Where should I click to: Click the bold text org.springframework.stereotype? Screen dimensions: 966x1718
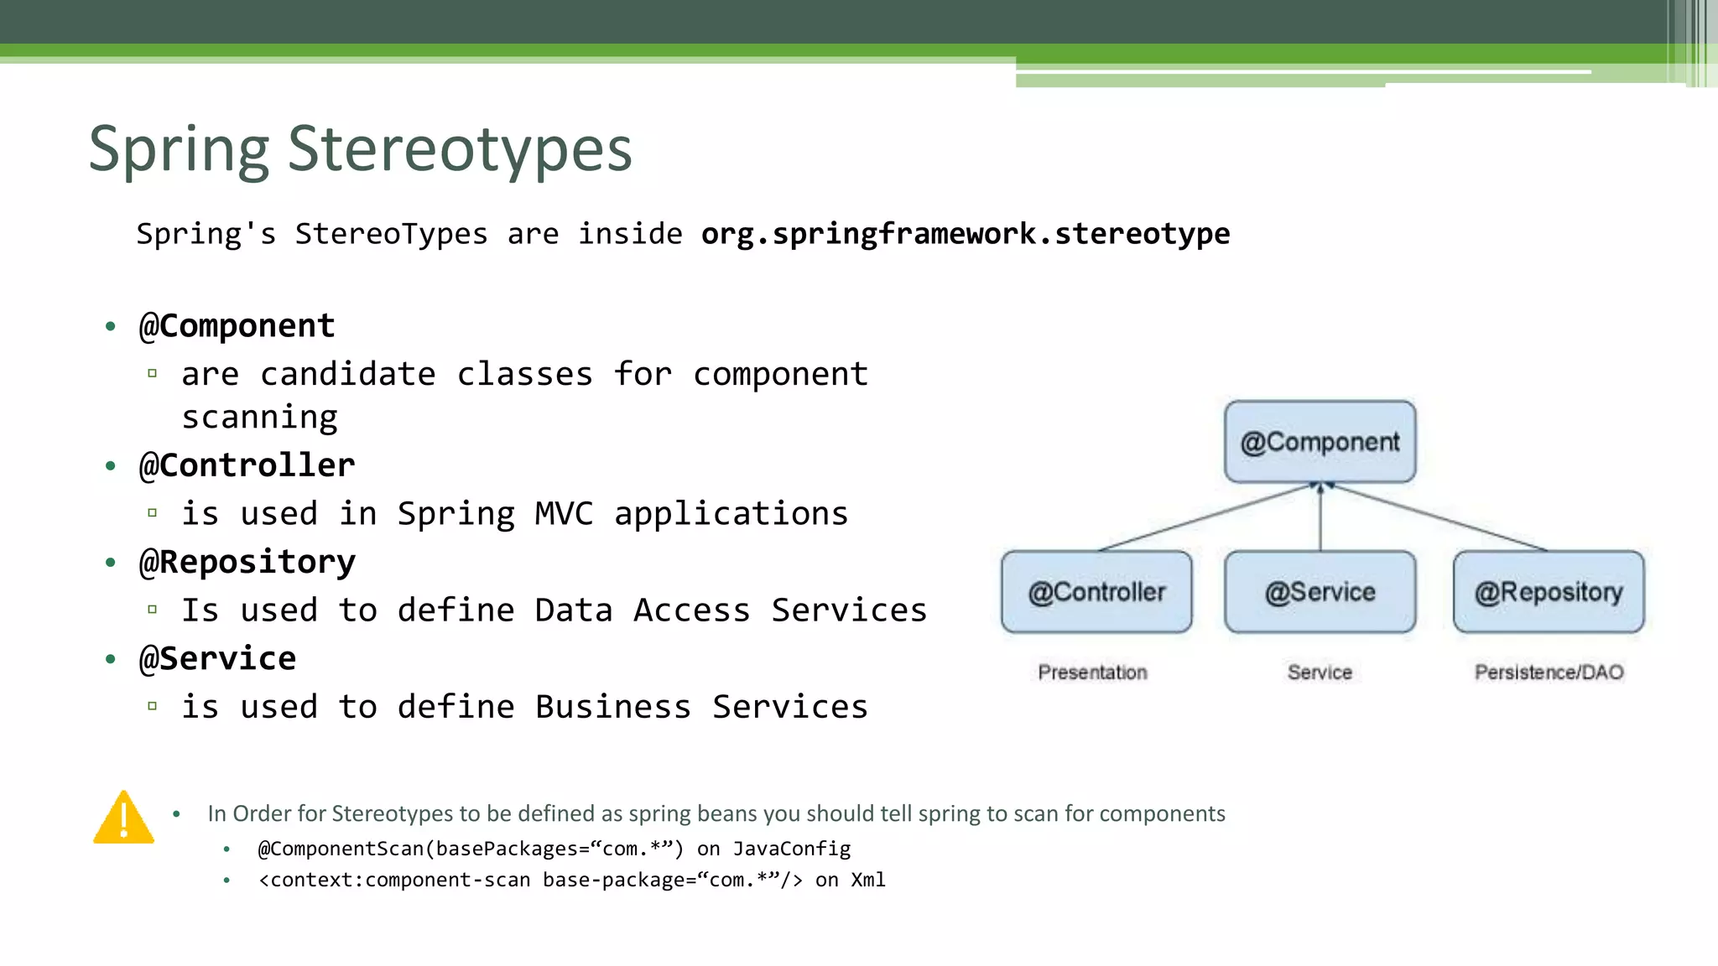(965, 234)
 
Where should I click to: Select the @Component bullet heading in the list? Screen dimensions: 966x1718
(237, 326)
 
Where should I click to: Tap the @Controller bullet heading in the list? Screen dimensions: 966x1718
(247, 465)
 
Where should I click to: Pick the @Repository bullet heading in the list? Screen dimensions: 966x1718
(247, 562)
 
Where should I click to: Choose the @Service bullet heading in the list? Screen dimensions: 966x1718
(217, 659)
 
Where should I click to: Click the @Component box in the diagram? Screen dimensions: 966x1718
(1320, 442)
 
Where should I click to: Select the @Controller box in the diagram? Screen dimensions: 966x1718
(1096, 592)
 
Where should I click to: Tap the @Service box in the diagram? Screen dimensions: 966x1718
(1320, 592)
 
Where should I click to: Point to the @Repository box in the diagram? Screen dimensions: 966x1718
(1549, 592)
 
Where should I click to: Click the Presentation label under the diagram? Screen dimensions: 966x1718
(1092, 673)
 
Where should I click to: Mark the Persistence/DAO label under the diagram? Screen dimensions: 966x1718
(1549, 673)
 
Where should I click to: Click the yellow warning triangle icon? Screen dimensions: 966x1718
(123, 818)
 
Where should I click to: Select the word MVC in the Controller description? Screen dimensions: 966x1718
(564, 514)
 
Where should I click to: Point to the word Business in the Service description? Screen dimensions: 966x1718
(613, 708)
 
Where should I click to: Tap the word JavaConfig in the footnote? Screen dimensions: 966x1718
(791, 849)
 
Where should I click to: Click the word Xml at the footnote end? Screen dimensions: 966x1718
(868, 880)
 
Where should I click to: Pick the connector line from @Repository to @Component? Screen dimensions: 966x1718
(1439, 517)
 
